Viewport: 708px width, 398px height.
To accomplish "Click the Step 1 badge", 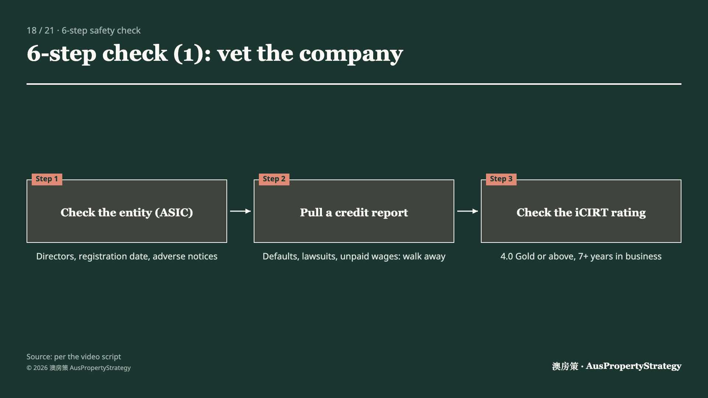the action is tap(47, 179).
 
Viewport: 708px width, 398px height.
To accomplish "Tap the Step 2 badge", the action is tap(274, 179).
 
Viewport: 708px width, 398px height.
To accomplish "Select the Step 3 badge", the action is tap(501, 179).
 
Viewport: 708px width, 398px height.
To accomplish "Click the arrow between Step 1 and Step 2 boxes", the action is tap(240, 211).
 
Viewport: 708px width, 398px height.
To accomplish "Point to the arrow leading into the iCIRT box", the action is tap(468, 211).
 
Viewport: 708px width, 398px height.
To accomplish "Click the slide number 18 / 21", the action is tap(40, 31).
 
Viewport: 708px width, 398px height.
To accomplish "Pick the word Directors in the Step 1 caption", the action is tap(56, 256).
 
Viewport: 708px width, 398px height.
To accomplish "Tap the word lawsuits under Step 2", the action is tap(320, 256).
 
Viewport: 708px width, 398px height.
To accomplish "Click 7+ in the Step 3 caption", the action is tap(583, 256).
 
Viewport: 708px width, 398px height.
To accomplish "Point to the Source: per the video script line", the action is tap(74, 357).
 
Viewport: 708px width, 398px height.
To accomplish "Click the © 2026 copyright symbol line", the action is tap(79, 368).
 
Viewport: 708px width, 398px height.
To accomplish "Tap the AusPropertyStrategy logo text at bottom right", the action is tap(634, 366).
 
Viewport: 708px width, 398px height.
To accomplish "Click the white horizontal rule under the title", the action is tap(354, 84).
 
